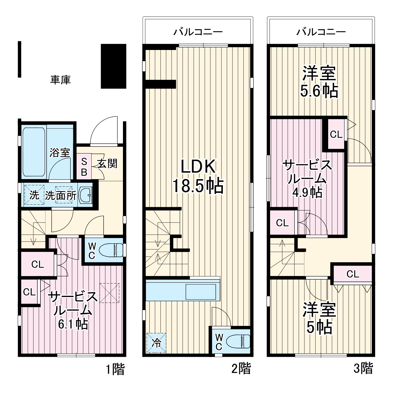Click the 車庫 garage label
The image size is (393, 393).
(60, 80)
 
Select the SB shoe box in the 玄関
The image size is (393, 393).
(84, 166)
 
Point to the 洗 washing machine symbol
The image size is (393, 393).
(34, 195)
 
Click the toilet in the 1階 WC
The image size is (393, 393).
(111, 250)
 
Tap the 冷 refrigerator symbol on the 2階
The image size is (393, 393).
(156, 343)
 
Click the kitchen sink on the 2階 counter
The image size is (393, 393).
(201, 292)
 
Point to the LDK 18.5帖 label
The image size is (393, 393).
(198, 176)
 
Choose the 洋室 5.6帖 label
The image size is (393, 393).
(319, 82)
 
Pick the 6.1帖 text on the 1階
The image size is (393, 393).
(73, 324)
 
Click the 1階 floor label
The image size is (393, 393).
(115, 369)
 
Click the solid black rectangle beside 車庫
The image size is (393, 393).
(113, 66)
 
